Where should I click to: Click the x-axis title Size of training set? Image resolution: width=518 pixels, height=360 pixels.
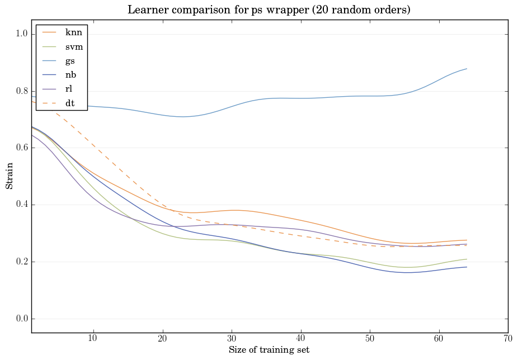point(269,350)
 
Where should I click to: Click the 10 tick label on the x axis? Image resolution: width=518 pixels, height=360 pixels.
point(93,339)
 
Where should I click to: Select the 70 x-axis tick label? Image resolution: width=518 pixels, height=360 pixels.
point(508,339)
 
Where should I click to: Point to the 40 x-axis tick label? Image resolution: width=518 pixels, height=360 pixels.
point(300,339)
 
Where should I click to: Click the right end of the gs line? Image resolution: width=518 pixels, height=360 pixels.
point(467,69)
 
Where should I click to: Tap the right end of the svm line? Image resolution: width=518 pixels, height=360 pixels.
point(467,259)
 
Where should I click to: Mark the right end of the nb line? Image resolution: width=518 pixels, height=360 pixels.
point(467,267)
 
